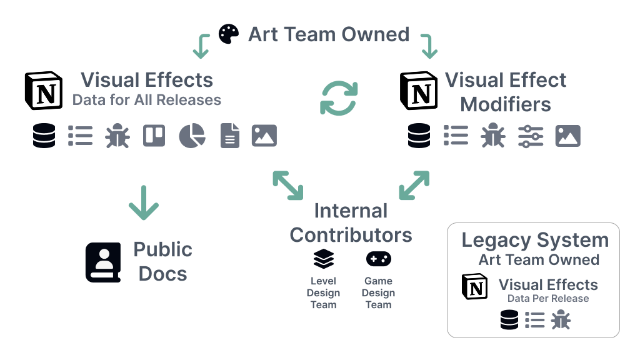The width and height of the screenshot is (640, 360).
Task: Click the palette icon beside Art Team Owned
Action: pyautogui.click(x=229, y=34)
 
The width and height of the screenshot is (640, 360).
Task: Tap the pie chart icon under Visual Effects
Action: pyautogui.click(x=192, y=136)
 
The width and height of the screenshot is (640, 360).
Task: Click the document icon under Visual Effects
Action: pyautogui.click(x=230, y=136)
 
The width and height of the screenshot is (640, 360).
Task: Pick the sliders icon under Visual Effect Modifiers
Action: pyautogui.click(x=531, y=136)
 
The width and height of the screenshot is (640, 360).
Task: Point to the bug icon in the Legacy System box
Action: pyautogui.click(x=561, y=321)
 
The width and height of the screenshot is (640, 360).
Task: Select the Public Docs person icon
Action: pyautogui.click(x=104, y=262)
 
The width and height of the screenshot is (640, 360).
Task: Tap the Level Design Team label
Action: pyautogui.click(x=324, y=293)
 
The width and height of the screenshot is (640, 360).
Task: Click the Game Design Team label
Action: pyautogui.click(x=379, y=293)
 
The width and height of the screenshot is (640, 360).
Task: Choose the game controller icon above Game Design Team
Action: pyautogui.click(x=379, y=259)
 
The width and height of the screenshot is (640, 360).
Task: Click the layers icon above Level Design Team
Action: pyautogui.click(x=324, y=259)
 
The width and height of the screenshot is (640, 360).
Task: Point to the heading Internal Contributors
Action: pyautogui.click(x=351, y=223)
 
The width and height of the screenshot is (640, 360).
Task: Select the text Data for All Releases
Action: pyautogui.click(x=147, y=100)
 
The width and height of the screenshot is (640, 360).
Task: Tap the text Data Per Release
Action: pyautogui.click(x=548, y=299)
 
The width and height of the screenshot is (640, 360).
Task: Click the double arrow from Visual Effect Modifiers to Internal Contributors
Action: pyautogui.click(x=414, y=186)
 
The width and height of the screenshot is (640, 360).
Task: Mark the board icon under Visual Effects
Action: pyautogui.click(x=154, y=136)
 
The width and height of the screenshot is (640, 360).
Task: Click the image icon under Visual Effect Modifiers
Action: pyautogui.click(x=567, y=136)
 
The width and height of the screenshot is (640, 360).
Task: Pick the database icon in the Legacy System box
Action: pyautogui.click(x=509, y=321)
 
